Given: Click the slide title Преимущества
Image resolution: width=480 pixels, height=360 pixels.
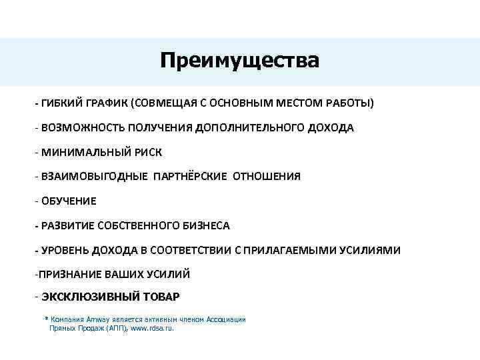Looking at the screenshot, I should pyautogui.click(x=239, y=61).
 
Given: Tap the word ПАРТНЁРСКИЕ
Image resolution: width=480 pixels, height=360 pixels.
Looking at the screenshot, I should pyautogui.click(x=190, y=177).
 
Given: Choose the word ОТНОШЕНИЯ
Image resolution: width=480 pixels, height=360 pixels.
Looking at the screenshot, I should pyautogui.click(x=267, y=177).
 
